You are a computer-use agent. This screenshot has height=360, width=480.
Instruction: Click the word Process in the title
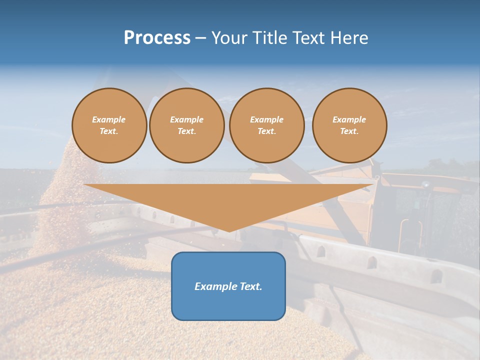click(x=157, y=38)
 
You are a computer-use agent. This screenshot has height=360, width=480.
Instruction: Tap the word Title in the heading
click(x=269, y=38)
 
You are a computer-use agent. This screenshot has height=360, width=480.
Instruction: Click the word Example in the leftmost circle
click(x=109, y=119)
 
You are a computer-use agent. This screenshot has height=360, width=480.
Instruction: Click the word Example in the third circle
click(x=266, y=119)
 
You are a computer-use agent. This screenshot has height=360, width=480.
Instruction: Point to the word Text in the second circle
click(x=186, y=131)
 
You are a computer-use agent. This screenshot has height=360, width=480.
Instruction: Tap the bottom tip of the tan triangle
click(x=229, y=230)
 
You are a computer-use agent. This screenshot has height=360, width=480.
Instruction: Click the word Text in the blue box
click(x=250, y=286)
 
